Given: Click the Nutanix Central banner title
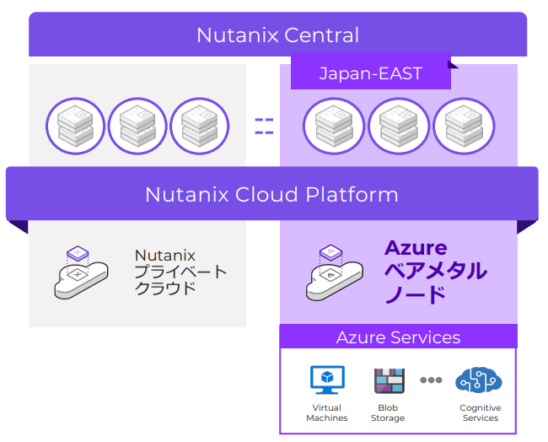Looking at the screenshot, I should [277, 35].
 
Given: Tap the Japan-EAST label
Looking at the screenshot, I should [370, 74].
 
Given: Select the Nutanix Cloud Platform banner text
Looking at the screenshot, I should [271, 194].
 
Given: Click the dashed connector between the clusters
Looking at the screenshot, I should [264, 127].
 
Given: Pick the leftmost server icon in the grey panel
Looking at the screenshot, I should [75, 127].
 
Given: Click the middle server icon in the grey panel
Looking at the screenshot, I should [137, 127].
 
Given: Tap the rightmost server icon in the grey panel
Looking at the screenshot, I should [200, 127].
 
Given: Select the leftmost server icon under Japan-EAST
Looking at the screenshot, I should [334, 127].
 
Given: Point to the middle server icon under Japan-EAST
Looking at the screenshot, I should [399, 127].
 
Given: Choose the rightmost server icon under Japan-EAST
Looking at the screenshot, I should [464, 127].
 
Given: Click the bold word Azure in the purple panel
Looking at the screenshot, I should [416, 248].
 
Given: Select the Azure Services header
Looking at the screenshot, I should [398, 337].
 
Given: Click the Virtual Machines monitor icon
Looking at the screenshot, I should [326, 380].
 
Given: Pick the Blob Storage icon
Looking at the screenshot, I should [389, 380].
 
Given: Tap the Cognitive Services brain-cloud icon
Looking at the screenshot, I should [479, 380].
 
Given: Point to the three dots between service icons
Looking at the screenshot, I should [431, 380].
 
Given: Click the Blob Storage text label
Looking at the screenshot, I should [388, 413].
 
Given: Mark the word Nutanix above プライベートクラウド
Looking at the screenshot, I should [165, 256].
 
